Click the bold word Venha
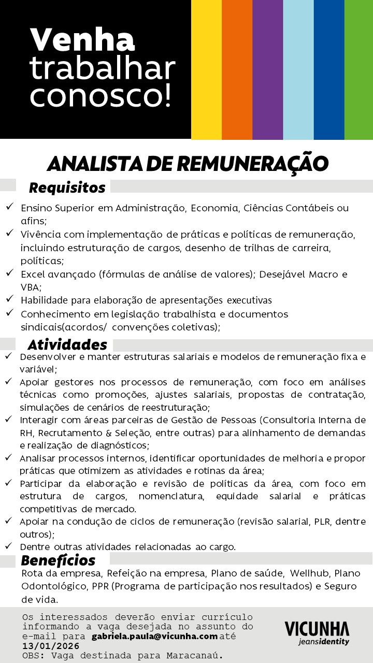click(x=83, y=40)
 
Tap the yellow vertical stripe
click(x=206, y=69)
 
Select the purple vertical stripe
click(x=267, y=69)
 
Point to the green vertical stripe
click(x=358, y=69)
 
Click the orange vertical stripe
click(x=237, y=69)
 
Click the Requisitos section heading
click(x=67, y=187)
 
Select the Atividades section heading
click(x=67, y=345)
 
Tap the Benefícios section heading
click(x=58, y=560)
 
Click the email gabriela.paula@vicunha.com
click(x=154, y=636)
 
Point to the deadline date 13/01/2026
click(x=51, y=646)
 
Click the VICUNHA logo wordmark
click(x=317, y=629)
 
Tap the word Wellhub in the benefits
click(x=309, y=573)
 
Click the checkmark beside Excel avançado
click(x=10, y=272)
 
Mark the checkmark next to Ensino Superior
click(x=10, y=207)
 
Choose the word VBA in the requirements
click(x=30, y=287)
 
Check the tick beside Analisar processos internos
click(x=9, y=457)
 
